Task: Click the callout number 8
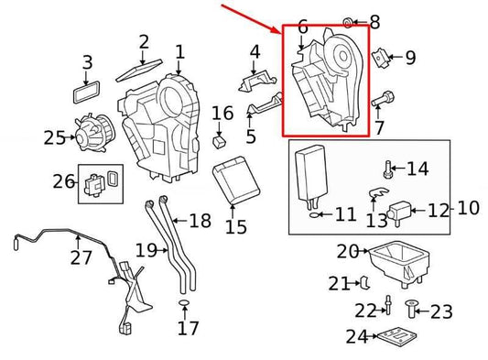pyautogui.click(x=374, y=22)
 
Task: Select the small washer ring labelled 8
pyautogui.click(x=348, y=22)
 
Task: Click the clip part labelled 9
pyautogui.click(x=380, y=58)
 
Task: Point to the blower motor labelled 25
pyautogui.click(x=93, y=135)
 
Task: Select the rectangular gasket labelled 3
pyautogui.click(x=86, y=93)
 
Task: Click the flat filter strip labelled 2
pyautogui.click(x=139, y=70)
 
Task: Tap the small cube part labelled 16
pyautogui.click(x=220, y=142)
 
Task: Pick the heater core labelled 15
pyautogui.click(x=236, y=180)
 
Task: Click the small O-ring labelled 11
pyautogui.click(x=314, y=214)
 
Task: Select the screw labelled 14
pyautogui.click(x=387, y=169)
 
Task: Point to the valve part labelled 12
pyautogui.click(x=398, y=212)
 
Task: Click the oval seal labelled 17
pyautogui.click(x=184, y=303)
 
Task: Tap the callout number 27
pyautogui.click(x=81, y=257)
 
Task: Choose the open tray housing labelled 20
pyautogui.click(x=399, y=263)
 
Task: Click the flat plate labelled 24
pyautogui.click(x=396, y=337)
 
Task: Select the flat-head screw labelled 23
pyautogui.click(x=410, y=310)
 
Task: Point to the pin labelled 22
pyautogui.click(x=388, y=305)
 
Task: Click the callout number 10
pyautogui.click(x=469, y=208)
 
